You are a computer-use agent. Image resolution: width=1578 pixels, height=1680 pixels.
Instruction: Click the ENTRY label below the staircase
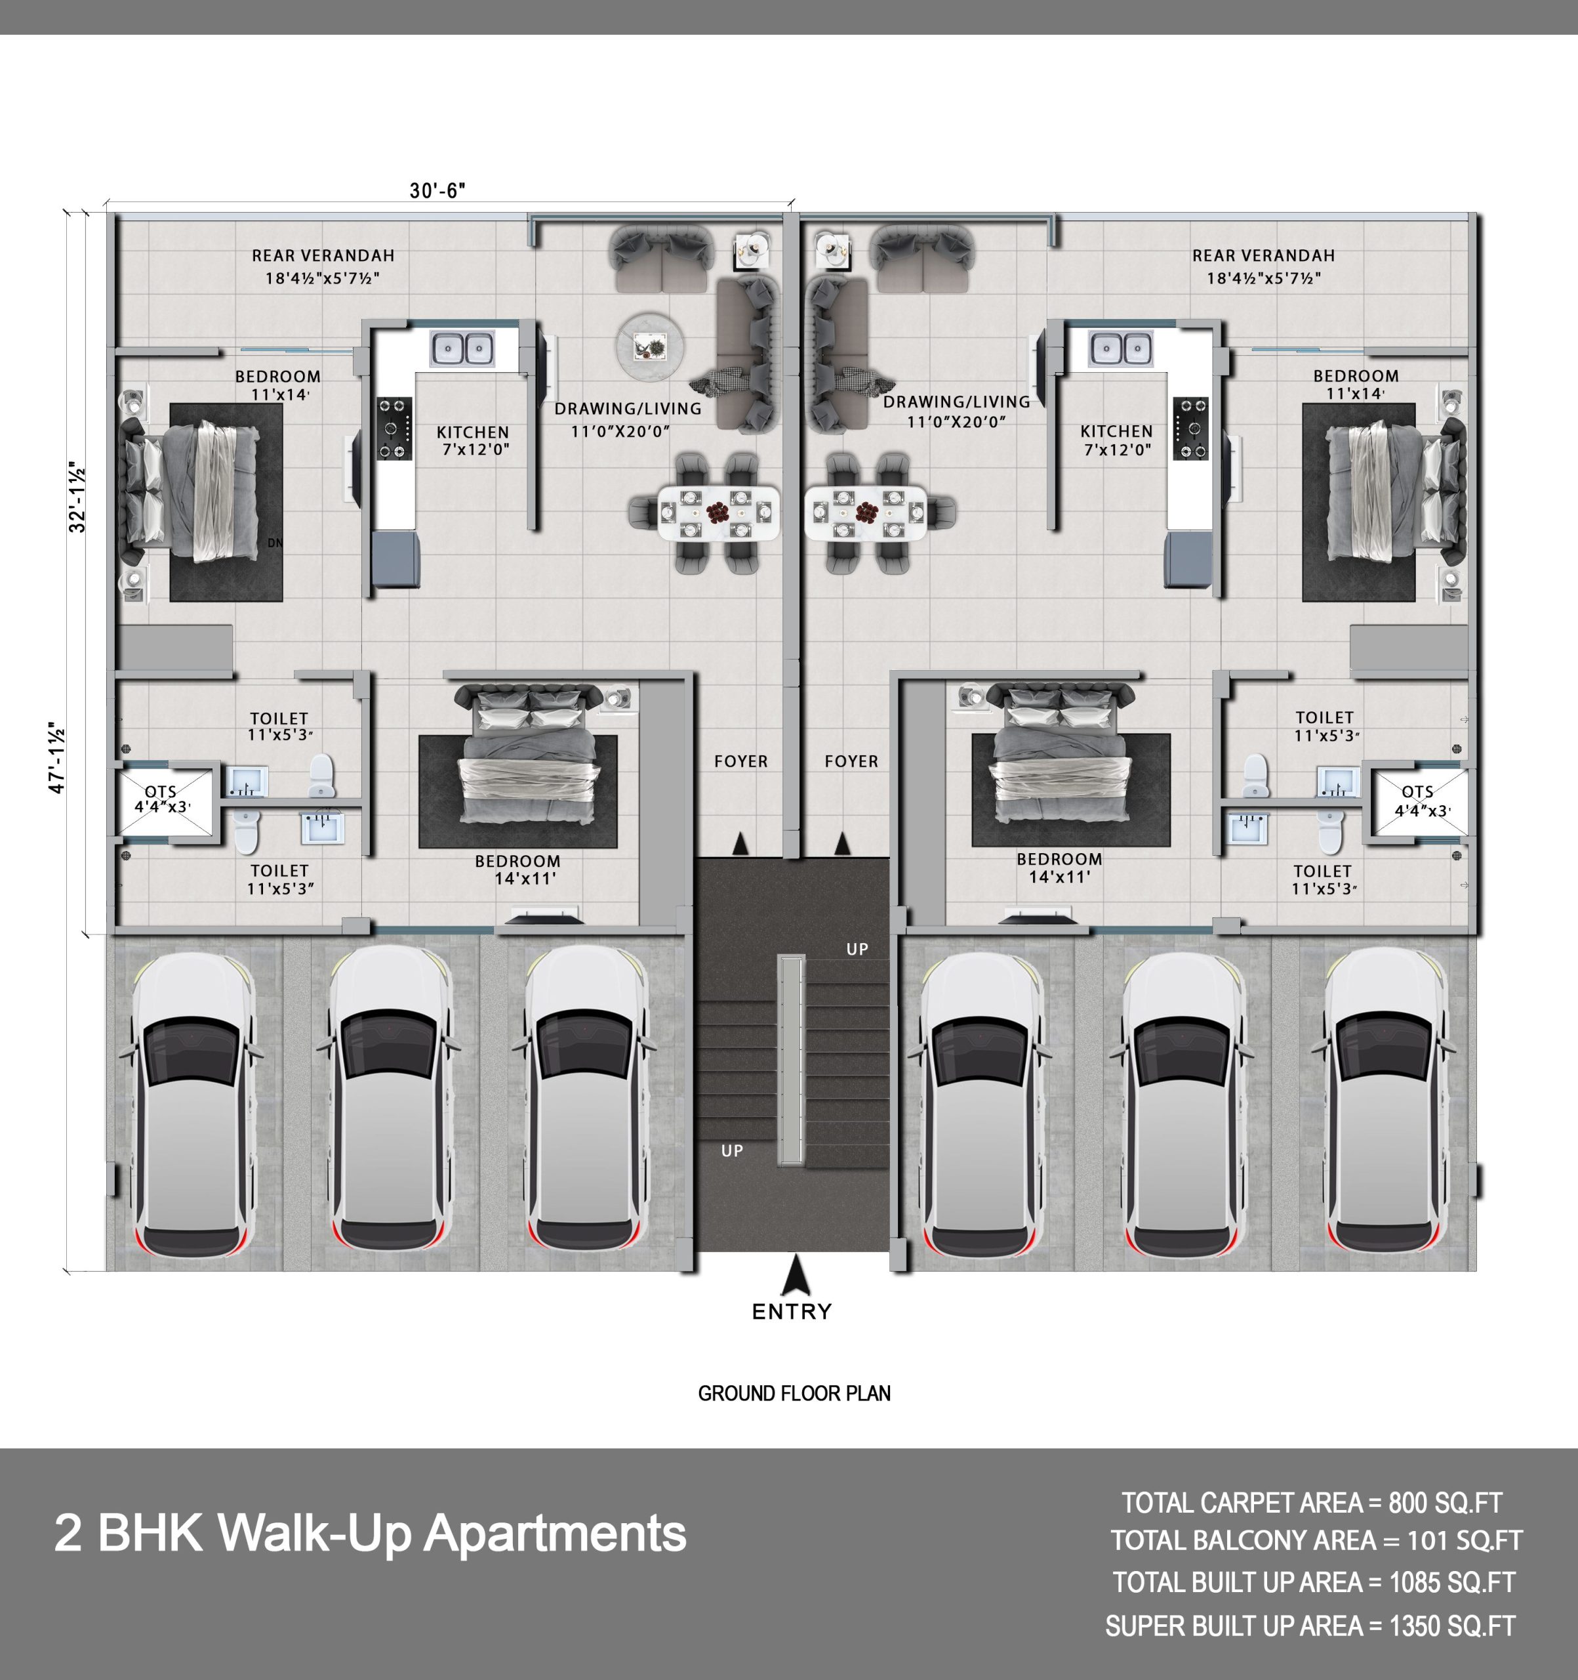click(x=792, y=1312)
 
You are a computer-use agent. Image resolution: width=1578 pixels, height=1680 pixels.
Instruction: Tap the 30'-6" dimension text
click(x=437, y=191)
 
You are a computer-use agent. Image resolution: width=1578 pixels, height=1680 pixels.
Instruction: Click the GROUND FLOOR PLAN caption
click(x=794, y=1393)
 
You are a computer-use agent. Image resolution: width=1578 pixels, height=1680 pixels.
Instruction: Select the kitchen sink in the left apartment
click(x=462, y=348)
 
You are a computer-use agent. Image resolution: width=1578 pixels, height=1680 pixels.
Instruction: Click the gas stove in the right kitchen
click(x=1190, y=429)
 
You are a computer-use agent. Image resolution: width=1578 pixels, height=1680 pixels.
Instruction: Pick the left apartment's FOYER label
click(x=741, y=761)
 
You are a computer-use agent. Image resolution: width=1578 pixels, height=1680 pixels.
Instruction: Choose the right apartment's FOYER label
click(x=851, y=761)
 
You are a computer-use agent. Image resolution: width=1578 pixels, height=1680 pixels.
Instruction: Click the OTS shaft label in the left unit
click(x=161, y=799)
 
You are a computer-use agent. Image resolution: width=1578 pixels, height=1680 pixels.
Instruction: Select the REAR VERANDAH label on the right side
click(x=1264, y=255)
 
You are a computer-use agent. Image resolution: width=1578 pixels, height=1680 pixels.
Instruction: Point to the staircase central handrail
click(x=792, y=1060)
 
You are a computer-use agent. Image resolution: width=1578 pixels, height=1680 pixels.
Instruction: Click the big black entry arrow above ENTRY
click(x=795, y=1274)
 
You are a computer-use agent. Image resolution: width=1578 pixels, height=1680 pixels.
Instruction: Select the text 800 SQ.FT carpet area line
click(x=1312, y=1503)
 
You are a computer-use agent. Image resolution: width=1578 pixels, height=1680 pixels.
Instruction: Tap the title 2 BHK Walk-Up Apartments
click(x=370, y=1533)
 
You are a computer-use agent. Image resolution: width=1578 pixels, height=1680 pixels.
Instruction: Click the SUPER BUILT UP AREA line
click(x=1310, y=1626)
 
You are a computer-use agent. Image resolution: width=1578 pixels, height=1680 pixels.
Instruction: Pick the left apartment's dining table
click(x=718, y=512)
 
